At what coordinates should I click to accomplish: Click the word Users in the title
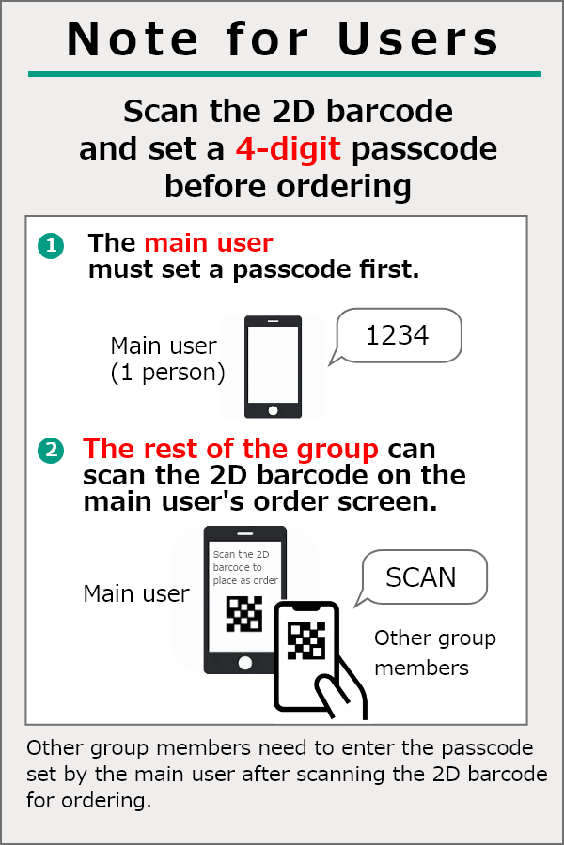[x=417, y=38]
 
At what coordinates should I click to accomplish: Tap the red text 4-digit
[x=288, y=148]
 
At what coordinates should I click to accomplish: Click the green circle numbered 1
[x=51, y=246]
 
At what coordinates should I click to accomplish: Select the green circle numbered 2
[x=51, y=450]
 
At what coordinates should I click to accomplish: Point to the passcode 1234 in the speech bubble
[x=397, y=335]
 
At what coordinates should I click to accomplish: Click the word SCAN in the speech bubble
[x=421, y=577]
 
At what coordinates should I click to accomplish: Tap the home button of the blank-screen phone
[x=274, y=410]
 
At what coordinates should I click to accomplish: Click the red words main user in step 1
[x=209, y=243]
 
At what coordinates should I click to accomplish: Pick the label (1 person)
[x=167, y=373]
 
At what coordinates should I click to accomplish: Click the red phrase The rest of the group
[x=230, y=449]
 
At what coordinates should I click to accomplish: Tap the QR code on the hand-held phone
[x=306, y=640]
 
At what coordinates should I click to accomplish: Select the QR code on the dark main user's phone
[x=244, y=613]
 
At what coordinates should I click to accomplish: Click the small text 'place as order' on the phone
[x=245, y=580]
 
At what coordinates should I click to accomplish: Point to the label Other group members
[x=434, y=653]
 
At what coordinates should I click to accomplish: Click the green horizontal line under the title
[x=285, y=74]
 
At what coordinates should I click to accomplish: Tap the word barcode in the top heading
[x=389, y=111]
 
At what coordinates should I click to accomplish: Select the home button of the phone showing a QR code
[x=245, y=663]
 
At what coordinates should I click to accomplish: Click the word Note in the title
[x=133, y=38]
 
